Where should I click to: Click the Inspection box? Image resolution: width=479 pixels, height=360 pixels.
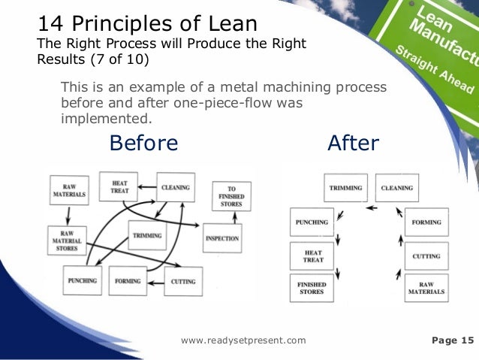[x=221, y=239]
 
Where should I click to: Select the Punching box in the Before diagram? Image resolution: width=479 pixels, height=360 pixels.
[x=83, y=281]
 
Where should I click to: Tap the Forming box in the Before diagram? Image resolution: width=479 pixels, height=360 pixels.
[x=129, y=281]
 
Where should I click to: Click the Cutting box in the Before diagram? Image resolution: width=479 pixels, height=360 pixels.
[x=182, y=281]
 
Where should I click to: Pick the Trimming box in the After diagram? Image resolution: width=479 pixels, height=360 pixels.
[x=345, y=187]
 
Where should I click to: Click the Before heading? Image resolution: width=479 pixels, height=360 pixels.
[x=144, y=143]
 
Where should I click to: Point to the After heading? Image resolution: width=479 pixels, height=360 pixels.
[x=353, y=143]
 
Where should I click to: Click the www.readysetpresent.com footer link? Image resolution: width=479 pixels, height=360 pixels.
[x=244, y=340]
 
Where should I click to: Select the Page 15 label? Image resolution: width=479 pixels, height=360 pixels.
[x=454, y=340]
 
